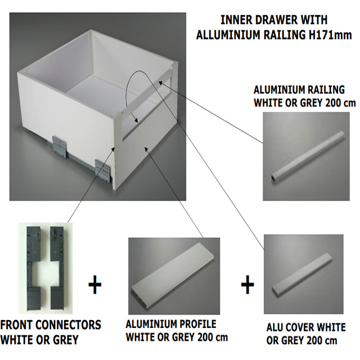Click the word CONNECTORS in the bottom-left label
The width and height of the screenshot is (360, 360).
tap(68, 325)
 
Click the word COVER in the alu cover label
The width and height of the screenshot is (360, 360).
tap(305, 327)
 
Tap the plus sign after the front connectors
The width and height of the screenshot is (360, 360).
tap(95, 285)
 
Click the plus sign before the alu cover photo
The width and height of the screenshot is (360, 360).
tap(247, 285)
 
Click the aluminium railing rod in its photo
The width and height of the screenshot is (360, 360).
tap(308, 156)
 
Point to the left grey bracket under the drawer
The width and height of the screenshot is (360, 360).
tap(60, 146)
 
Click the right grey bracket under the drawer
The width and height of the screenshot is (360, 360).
tap(103, 170)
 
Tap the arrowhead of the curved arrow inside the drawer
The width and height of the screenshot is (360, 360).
tap(136, 120)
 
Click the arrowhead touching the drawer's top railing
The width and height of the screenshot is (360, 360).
tap(160, 83)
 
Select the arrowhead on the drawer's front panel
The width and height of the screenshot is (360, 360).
tap(146, 150)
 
